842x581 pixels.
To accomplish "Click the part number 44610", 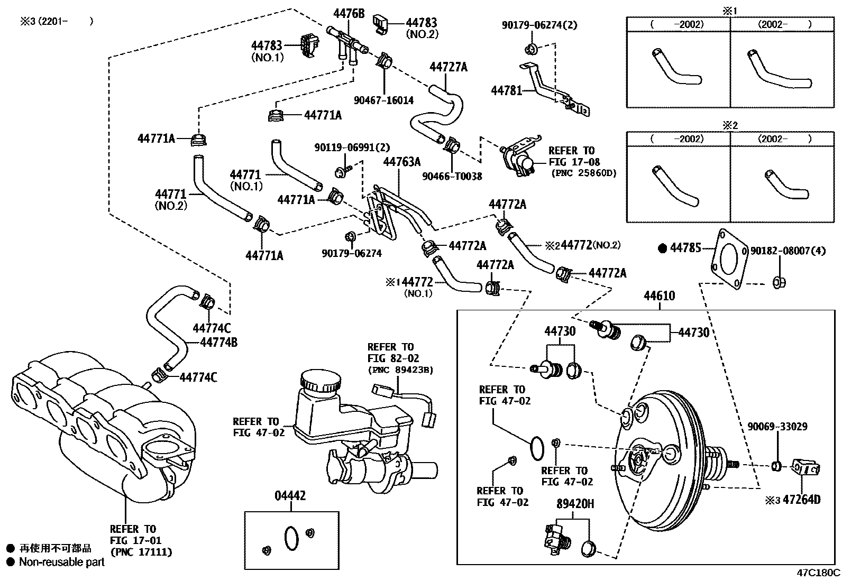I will (659, 296).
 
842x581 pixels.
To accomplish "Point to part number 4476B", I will (349, 14).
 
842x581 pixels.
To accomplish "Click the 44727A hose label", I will (449, 67).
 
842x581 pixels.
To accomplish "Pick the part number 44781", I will (506, 90).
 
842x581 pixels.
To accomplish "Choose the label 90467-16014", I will (385, 100).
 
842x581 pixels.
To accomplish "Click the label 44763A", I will (402, 162).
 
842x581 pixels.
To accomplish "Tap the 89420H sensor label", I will (575, 504).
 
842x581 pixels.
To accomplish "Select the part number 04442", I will (290, 496).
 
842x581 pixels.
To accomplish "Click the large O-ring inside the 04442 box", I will (291, 538).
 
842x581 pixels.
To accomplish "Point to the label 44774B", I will (218, 343).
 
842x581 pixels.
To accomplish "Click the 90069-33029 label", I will (777, 426).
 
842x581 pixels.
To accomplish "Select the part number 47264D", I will (801, 500).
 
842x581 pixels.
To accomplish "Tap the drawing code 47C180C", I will (818, 573).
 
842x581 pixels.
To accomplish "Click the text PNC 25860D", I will (583, 173).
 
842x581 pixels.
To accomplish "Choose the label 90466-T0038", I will (452, 177).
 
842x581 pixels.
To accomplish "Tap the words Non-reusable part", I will (62, 562).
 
